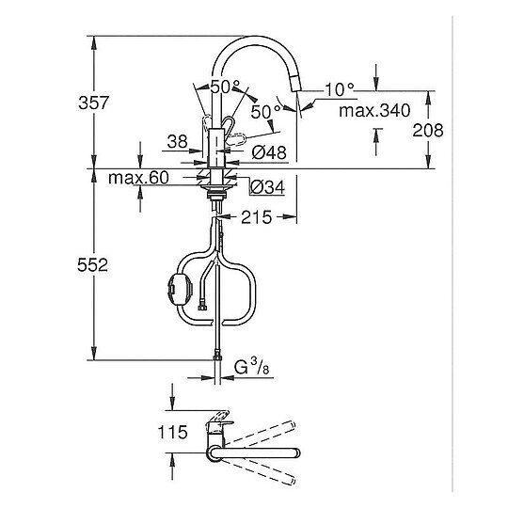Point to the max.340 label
[x=374, y=110]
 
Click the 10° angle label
[x=338, y=90]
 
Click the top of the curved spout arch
[x=254, y=40]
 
